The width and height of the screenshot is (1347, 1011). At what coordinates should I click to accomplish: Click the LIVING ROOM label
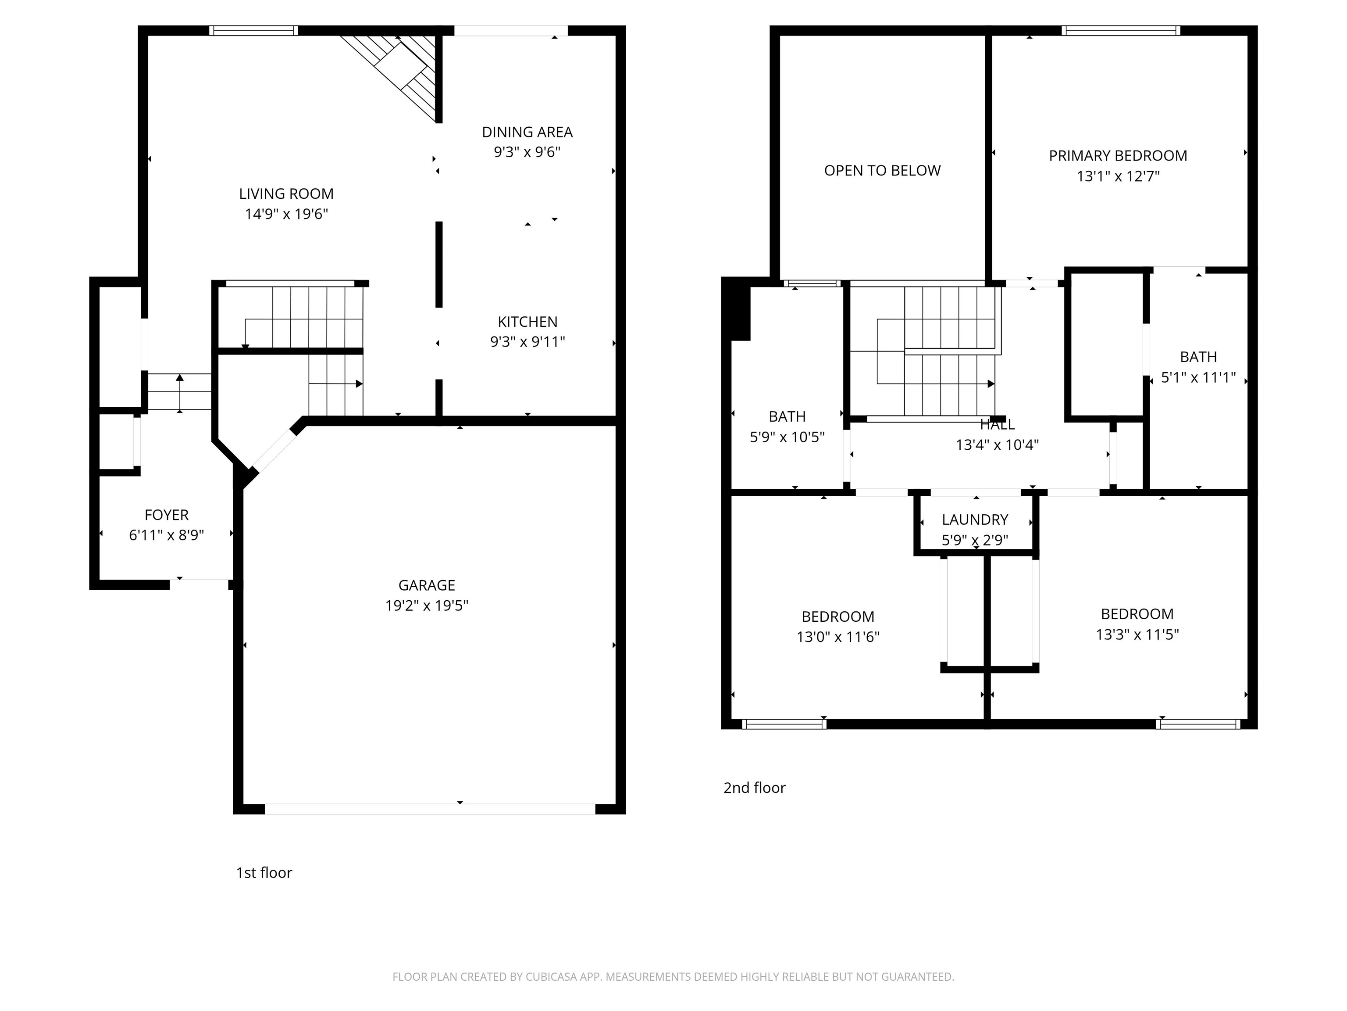pos(286,194)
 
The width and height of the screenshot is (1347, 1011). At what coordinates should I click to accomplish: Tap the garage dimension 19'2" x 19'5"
pos(426,605)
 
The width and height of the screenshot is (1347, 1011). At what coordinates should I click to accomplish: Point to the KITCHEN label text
pos(527,322)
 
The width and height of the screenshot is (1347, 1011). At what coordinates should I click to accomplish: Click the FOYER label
pos(166,515)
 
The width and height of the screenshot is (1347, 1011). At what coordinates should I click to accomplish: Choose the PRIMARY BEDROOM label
pos(1117,156)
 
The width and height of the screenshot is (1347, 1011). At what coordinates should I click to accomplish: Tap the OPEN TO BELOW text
pos(882,171)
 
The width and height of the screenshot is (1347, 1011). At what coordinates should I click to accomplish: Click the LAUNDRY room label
pos(974,520)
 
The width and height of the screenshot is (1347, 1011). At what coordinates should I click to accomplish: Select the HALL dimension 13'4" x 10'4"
pos(997,445)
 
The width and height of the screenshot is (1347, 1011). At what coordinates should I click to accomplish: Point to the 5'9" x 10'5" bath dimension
pos(787,437)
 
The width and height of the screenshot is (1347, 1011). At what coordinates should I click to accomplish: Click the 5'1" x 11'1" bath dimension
pos(1198,377)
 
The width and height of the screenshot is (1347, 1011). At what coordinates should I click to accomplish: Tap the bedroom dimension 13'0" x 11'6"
pos(837,637)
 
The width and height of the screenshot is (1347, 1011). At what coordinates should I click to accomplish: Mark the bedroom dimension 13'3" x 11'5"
pos(1137,635)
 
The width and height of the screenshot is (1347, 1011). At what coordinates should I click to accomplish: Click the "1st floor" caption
pos(264,873)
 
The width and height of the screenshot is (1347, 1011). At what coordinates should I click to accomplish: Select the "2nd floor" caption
pos(754,788)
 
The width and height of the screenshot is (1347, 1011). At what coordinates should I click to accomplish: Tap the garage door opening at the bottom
pos(429,809)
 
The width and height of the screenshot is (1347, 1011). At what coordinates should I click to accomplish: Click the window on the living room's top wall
pos(253,30)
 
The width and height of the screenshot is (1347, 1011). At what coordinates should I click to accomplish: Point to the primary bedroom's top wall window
pos(1120,30)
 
